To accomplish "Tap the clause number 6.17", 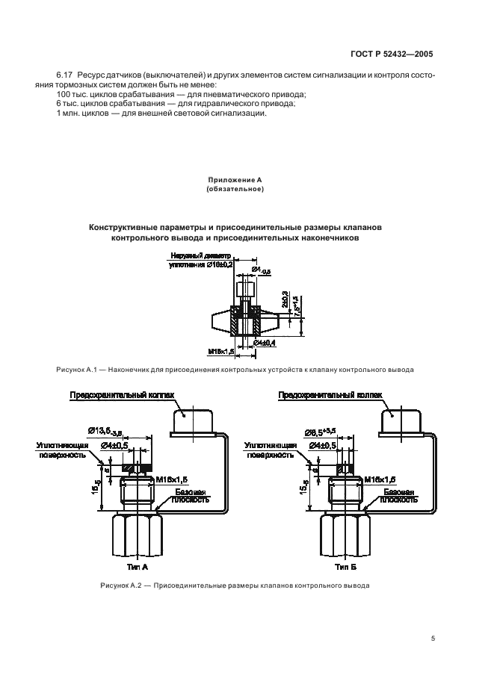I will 65,76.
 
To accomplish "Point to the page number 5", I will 433,639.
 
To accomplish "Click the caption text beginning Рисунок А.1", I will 235,370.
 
